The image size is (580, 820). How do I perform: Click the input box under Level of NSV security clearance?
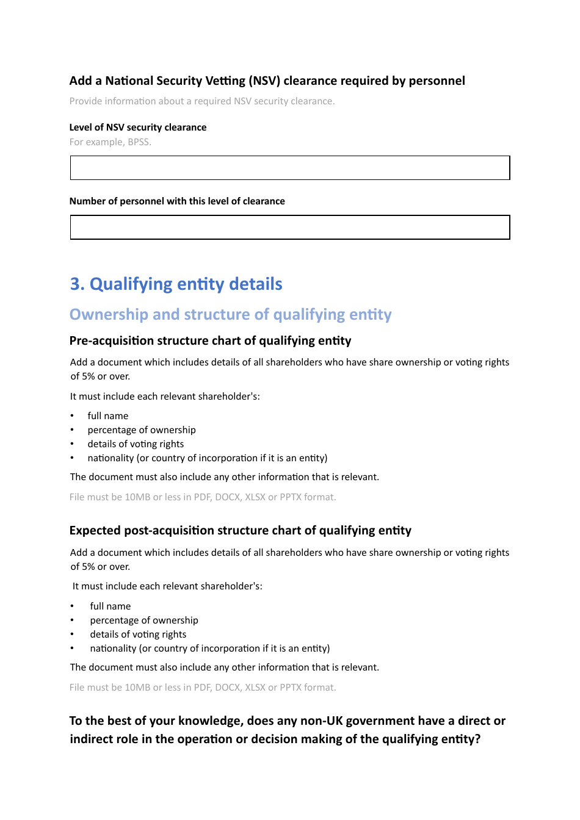[x=289, y=168]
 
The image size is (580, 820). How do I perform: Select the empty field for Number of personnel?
[x=289, y=227]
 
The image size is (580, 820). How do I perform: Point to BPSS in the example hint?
[x=138, y=142]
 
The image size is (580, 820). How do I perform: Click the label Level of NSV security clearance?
[x=138, y=128]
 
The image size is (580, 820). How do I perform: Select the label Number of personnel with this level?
[x=177, y=201]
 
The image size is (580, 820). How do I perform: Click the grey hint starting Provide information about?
[x=201, y=101]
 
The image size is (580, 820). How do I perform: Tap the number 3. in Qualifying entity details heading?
[x=77, y=284]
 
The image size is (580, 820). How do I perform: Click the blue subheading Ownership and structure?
[x=230, y=315]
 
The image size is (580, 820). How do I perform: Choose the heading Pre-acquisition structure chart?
[x=210, y=340]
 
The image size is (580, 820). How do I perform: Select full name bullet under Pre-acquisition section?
[x=107, y=416]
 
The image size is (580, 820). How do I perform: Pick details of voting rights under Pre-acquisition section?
[x=136, y=444]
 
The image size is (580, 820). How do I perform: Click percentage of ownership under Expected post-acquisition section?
[x=144, y=620]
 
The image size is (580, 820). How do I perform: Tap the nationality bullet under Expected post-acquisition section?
[x=209, y=649]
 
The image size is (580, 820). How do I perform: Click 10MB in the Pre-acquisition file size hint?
[x=137, y=497]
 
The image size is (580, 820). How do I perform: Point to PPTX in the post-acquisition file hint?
[x=291, y=688]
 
